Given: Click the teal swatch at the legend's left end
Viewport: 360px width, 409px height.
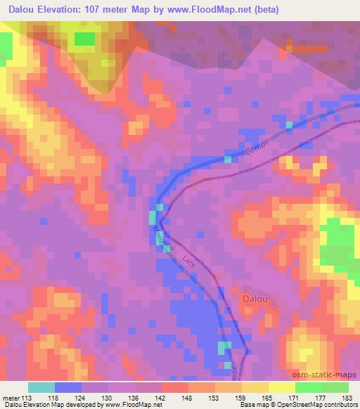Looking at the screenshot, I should coord(41,387).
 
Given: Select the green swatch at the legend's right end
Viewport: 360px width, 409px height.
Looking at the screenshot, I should coord(335,387).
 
